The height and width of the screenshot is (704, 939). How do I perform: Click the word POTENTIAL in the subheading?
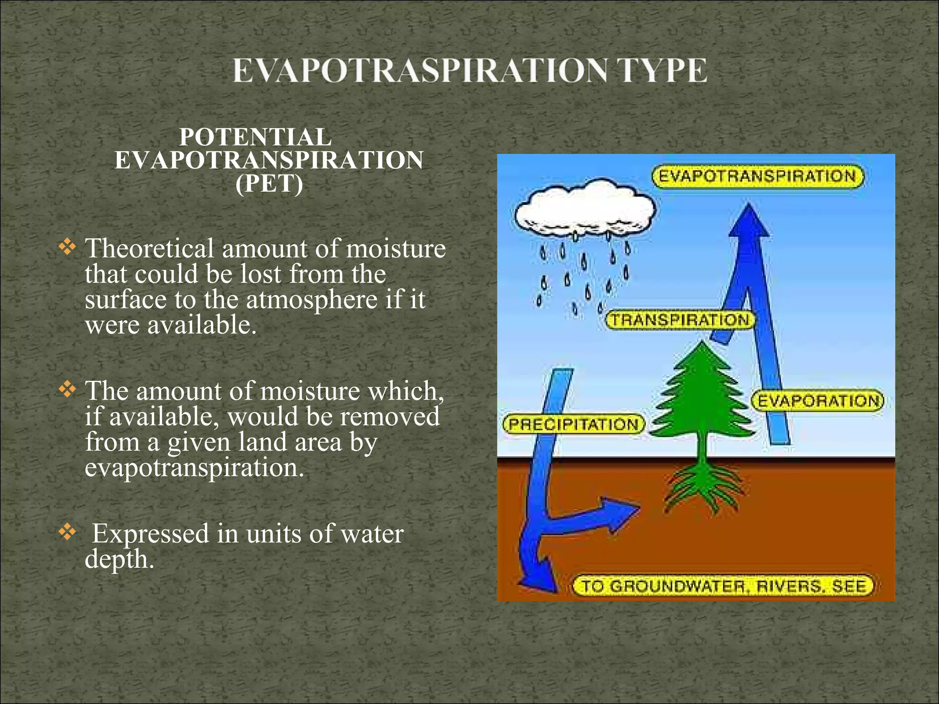point(255,137)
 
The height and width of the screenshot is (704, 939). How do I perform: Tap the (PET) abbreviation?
point(269,184)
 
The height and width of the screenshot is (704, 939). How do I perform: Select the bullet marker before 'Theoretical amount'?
point(67,247)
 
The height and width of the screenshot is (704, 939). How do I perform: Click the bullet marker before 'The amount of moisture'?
point(67,390)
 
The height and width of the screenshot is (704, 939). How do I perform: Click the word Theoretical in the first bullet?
point(149,249)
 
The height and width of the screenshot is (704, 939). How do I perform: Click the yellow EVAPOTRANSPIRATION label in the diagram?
point(757,177)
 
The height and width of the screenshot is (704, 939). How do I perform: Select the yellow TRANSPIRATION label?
point(680,320)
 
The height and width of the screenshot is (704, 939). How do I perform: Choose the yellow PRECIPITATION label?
point(574,424)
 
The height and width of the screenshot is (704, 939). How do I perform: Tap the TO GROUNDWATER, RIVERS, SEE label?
point(724,586)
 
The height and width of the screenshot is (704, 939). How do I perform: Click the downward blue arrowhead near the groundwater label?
point(541,577)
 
